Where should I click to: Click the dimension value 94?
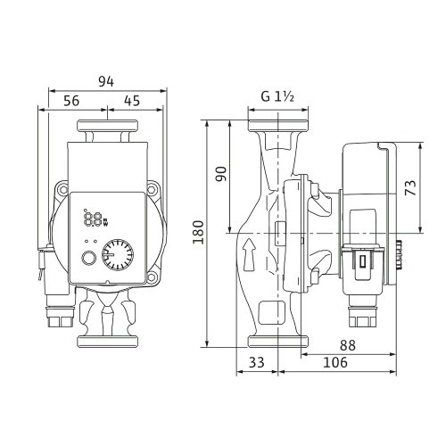[x=106, y=81]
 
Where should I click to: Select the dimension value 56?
[x=71, y=101]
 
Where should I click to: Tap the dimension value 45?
[x=132, y=101]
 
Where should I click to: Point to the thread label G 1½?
[x=277, y=96]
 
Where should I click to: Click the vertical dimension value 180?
[x=198, y=232]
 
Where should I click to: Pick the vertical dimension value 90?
[x=221, y=174]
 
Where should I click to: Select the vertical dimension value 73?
[x=410, y=187]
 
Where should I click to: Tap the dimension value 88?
[x=348, y=345]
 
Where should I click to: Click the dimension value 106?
[x=335, y=362]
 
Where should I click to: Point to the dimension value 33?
[x=256, y=362]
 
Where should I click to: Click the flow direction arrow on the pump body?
[x=249, y=253]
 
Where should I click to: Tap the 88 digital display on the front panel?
[x=93, y=219]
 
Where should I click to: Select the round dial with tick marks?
[x=118, y=255]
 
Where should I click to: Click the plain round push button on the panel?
[x=88, y=258]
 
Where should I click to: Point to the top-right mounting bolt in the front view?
[x=152, y=189]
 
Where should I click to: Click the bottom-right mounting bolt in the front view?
[x=152, y=277]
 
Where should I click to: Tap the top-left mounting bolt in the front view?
[x=62, y=189]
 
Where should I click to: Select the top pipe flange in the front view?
[x=107, y=126]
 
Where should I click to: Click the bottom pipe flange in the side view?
[x=278, y=342]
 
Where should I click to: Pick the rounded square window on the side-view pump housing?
[x=271, y=312]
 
